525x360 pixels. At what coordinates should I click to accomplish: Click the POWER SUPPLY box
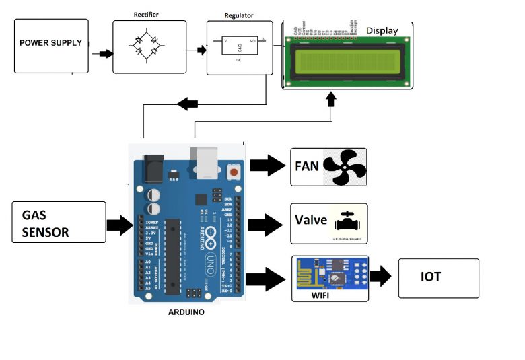[x=51, y=45]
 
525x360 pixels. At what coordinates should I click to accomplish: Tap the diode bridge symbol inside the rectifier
[x=147, y=46]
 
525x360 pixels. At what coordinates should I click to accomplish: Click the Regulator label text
[x=238, y=15]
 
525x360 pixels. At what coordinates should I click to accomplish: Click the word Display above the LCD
[x=382, y=31]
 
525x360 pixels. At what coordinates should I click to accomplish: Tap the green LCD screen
[x=349, y=61]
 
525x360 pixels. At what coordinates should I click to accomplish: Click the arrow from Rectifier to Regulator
[x=200, y=50]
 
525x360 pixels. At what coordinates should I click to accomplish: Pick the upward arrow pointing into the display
[x=330, y=100]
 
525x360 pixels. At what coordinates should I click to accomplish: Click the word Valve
[x=310, y=221]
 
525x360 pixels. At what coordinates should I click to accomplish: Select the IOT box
[x=439, y=277]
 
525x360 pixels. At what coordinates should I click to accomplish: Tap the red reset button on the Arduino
[x=234, y=172]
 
